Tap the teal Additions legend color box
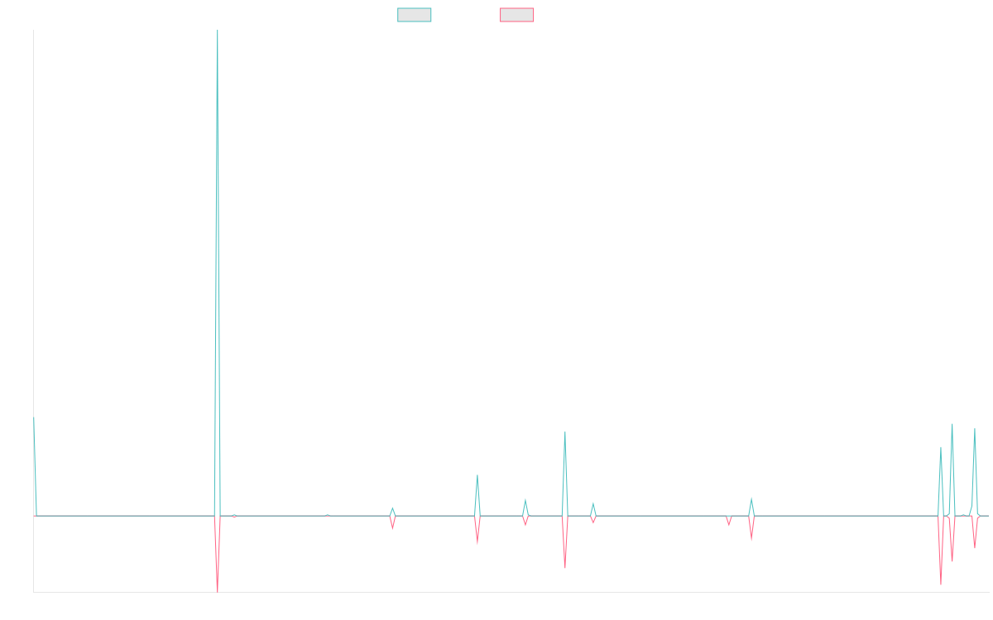pyautogui.click(x=415, y=15)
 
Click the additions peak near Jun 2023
pyautogui.click(x=565, y=432)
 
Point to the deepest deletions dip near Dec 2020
pyautogui.click(x=218, y=590)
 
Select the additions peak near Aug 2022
pyautogui.click(x=477, y=475)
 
